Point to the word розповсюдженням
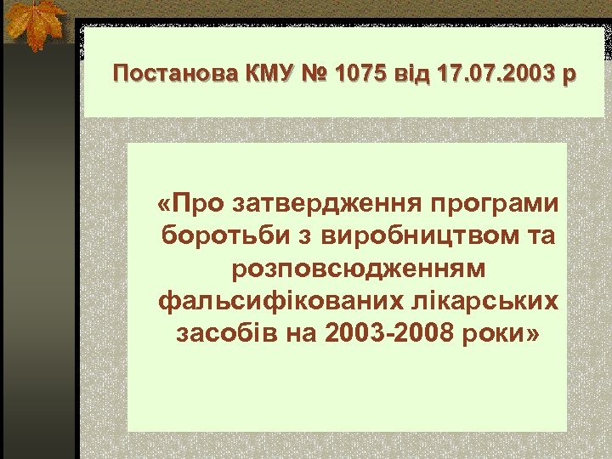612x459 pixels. pos(358,269)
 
